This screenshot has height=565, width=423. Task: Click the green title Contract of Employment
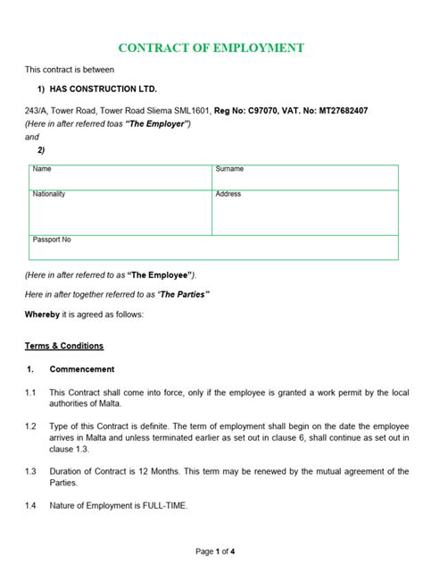[x=211, y=47]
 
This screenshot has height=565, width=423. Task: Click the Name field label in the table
[x=42, y=169]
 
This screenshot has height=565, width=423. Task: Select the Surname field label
[x=229, y=169]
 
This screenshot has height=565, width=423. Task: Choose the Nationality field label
[x=49, y=194]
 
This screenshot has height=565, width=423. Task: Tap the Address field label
[x=228, y=194]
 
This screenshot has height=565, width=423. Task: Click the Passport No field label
[x=52, y=240]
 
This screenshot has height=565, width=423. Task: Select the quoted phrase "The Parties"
[x=183, y=294]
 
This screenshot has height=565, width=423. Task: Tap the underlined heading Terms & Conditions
[x=63, y=345]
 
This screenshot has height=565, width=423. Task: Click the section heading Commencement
[x=81, y=368]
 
